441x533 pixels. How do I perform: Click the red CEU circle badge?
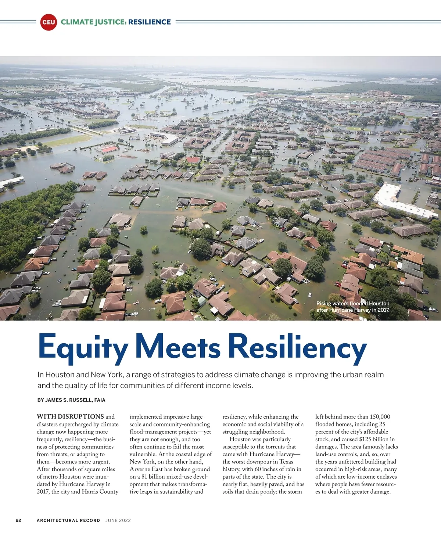tap(49, 22)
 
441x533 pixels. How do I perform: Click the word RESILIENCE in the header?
tap(150, 22)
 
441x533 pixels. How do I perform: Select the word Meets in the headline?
tap(178, 346)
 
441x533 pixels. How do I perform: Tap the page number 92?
tap(18, 520)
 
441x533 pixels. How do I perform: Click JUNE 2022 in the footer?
tap(118, 520)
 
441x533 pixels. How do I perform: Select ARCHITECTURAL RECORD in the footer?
tap(68, 520)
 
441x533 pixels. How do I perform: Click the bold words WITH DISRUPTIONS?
tap(70, 416)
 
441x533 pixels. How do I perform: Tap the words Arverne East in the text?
tap(147, 469)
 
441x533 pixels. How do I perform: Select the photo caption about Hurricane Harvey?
tap(353, 307)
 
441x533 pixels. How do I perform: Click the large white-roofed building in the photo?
tap(401, 200)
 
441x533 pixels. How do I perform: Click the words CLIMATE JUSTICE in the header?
tap(94, 22)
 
